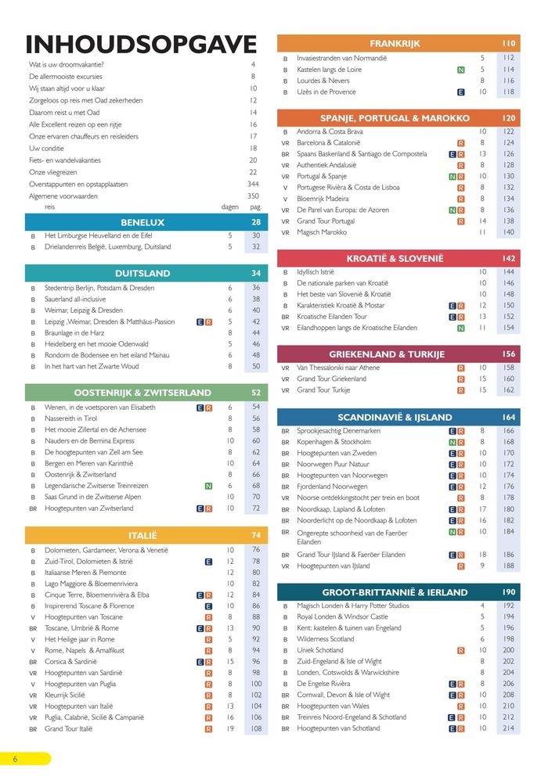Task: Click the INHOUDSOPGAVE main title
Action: [x=141, y=44]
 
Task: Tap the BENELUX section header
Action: [x=142, y=222]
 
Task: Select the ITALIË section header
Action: [x=142, y=535]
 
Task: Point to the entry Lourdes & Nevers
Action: [x=323, y=81]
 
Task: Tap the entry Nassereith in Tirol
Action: [x=75, y=419]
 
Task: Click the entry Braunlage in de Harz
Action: [x=76, y=332]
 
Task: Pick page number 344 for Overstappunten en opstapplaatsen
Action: [x=252, y=184]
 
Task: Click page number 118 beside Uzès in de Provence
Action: [x=509, y=92]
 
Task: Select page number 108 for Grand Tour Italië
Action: [x=256, y=728]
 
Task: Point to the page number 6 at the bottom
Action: [x=14, y=759]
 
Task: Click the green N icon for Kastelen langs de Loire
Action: [x=461, y=70]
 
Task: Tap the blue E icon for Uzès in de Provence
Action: [x=461, y=92]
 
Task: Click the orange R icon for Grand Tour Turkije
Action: [x=461, y=390]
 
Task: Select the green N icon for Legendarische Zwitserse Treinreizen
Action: [x=208, y=486]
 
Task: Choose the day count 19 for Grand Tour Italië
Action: [x=229, y=728]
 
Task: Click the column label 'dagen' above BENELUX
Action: [x=229, y=207]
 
